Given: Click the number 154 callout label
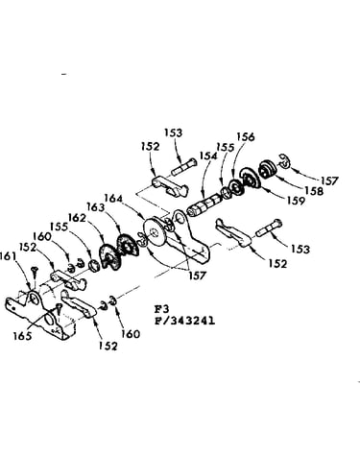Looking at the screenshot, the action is (x=208, y=156).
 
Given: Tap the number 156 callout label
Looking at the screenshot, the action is (x=246, y=136).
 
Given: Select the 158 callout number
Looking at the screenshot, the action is (x=314, y=191).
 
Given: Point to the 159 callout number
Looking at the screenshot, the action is (x=296, y=201).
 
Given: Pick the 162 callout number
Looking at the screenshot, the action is (x=77, y=218).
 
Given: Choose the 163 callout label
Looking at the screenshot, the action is (x=96, y=207).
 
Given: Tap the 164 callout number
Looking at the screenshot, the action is (x=113, y=199).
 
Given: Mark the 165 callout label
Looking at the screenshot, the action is (x=22, y=336).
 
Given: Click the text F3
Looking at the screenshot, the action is (x=162, y=309).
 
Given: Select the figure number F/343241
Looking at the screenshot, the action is (x=185, y=321).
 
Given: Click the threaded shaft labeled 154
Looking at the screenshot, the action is (x=204, y=205).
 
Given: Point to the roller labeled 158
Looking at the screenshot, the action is (x=267, y=168).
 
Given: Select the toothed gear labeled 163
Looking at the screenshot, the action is (x=128, y=247).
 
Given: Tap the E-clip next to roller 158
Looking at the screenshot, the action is (x=284, y=161).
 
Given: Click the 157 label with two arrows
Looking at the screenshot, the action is (x=197, y=276).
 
